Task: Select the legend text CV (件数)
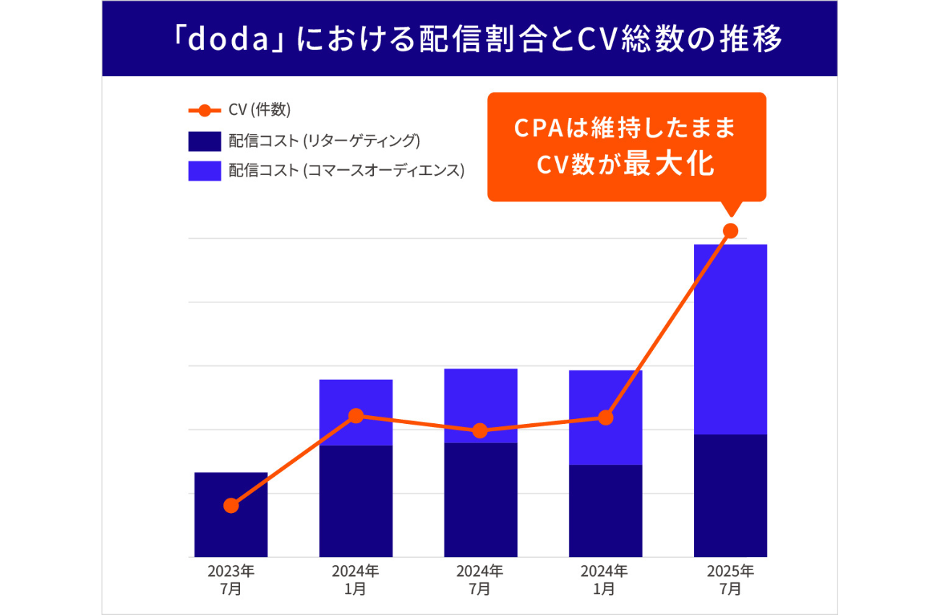point(260,111)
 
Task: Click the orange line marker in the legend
point(205,111)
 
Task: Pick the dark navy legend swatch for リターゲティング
point(205,141)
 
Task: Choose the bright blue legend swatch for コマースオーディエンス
point(205,171)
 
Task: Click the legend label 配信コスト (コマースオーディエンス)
point(346,171)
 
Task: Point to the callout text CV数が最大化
point(625,164)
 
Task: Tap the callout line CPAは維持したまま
point(625,128)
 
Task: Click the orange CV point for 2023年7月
point(231,505)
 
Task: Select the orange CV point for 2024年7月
point(480,431)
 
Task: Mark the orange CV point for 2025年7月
point(730,231)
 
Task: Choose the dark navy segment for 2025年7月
point(730,496)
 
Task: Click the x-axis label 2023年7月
point(231,580)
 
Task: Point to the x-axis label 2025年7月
point(730,580)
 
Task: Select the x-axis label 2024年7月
point(480,580)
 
